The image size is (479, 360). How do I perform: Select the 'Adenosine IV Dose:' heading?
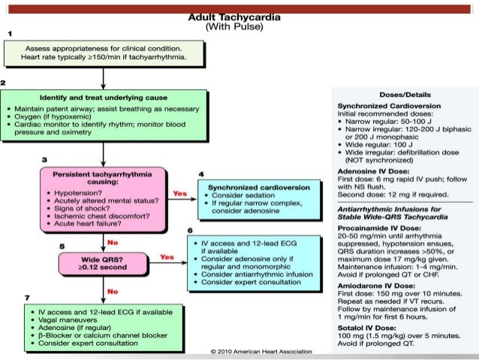click(x=372, y=172)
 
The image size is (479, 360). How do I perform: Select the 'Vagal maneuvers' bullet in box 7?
click(x=61, y=319)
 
